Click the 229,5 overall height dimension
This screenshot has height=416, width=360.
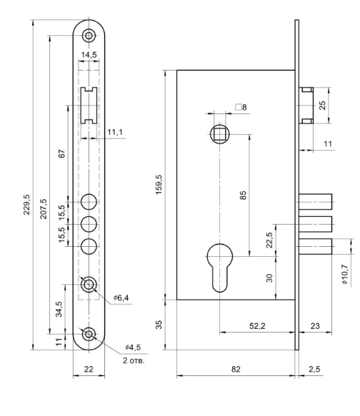(27, 205)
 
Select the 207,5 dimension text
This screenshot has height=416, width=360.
(44, 209)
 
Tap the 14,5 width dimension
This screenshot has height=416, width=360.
(89, 55)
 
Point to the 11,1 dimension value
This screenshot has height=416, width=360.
(115, 132)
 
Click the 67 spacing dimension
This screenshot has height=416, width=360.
(61, 154)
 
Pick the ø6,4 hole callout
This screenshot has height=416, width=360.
(121, 298)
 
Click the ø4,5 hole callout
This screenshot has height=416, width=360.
(133, 347)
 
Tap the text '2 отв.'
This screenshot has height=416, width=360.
(134, 360)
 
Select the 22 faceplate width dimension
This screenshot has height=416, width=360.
(89, 370)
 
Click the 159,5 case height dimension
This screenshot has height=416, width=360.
(159, 185)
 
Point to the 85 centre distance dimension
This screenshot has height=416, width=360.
(243, 196)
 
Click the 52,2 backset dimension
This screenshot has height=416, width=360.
(257, 326)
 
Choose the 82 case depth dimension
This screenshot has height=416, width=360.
(236, 370)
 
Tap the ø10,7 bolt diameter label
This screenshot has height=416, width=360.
(345, 274)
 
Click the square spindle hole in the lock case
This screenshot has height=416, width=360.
(219, 133)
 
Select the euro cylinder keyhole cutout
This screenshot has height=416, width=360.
(220, 268)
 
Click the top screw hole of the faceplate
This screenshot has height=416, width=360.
(89, 35)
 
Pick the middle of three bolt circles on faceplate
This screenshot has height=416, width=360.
(89, 225)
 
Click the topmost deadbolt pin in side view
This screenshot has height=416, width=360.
(316, 202)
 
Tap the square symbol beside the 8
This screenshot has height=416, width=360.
(239, 107)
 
